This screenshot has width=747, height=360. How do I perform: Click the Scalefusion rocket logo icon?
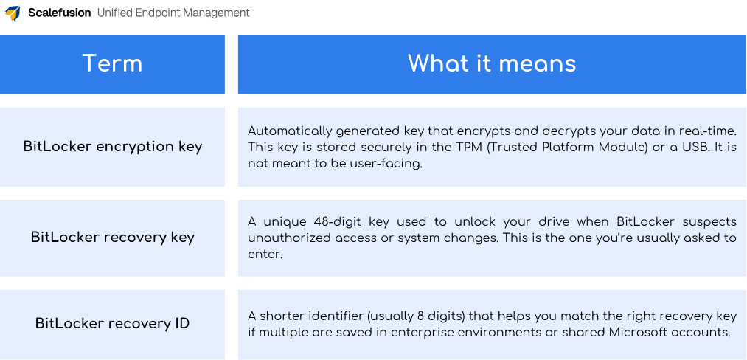click(x=13, y=13)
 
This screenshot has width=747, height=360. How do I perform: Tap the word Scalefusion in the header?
click(x=60, y=13)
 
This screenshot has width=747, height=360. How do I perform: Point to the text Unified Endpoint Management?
click(x=173, y=13)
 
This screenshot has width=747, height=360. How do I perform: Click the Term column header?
click(x=112, y=63)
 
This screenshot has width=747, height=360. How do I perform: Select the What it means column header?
click(x=492, y=63)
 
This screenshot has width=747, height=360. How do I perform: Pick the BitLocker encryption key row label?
click(x=112, y=146)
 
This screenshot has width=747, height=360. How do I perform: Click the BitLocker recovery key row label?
click(x=112, y=237)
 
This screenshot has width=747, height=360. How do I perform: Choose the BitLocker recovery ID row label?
click(x=112, y=323)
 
